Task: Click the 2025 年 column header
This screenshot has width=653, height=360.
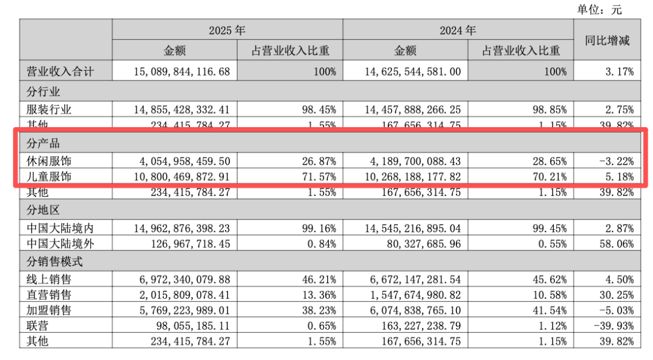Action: click(x=227, y=30)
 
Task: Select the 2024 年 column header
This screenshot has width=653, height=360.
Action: click(x=458, y=30)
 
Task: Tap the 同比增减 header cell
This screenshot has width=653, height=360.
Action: click(x=607, y=41)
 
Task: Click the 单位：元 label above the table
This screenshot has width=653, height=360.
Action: click(x=599, y=9)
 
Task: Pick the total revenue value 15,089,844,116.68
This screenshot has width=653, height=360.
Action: click(x=181, y=71)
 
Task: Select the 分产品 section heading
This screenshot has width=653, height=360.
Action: click(x=43, y=143)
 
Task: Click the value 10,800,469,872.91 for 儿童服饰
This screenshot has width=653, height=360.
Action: click(x=181, y=177)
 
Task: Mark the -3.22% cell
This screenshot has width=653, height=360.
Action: click(x=617, y=161)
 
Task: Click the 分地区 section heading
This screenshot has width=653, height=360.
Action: click(x=43, y=210)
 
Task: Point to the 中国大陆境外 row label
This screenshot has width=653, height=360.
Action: click(x=60, y=244)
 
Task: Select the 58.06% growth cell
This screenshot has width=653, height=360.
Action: click(x=617, y=244)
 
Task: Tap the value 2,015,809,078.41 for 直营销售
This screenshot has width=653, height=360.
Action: click(x=184, y=295)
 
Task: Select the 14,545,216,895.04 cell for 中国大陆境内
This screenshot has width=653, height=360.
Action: click(x=413, y=228)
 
